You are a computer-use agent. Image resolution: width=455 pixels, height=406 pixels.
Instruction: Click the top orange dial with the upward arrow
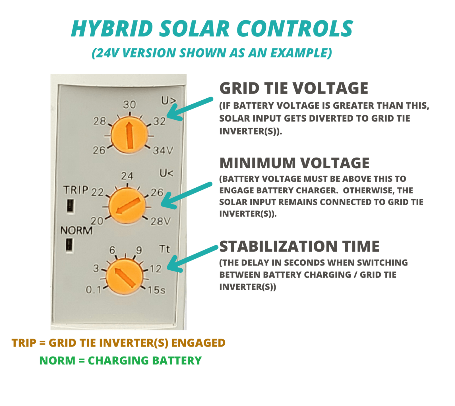129,135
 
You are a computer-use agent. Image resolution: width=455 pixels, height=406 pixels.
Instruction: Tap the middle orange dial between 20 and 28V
127,206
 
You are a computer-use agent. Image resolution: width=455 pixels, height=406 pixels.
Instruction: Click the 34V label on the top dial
163,150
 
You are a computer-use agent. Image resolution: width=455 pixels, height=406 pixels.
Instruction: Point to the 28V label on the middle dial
161,221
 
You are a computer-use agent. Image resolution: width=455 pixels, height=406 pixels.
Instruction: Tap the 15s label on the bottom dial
156,290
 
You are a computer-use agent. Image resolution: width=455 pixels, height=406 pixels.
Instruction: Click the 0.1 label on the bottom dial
94,290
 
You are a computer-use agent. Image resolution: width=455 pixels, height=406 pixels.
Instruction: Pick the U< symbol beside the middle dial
166,173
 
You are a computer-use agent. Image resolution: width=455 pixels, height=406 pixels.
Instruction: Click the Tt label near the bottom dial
164,249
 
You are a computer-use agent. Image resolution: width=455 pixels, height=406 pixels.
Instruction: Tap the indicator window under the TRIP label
70,206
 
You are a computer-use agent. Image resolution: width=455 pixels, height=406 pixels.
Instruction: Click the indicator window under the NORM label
69,245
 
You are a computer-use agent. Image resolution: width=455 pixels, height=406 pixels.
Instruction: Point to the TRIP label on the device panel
76,190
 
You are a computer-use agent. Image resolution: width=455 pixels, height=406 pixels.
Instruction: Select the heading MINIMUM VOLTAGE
294,163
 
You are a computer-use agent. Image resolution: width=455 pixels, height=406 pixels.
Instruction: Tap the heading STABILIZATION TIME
299,246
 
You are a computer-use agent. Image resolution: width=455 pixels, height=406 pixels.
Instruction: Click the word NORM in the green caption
57,361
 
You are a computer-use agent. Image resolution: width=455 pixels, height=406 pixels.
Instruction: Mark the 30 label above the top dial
129,105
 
